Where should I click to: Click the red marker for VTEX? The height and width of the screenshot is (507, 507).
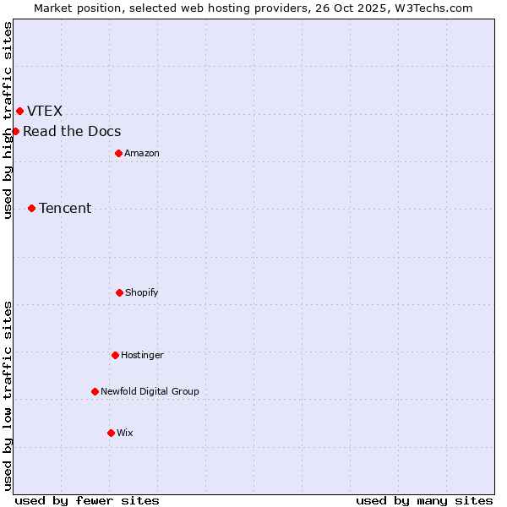(x=19, y=111)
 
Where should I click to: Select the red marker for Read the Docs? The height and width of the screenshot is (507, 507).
(x=15, y=131)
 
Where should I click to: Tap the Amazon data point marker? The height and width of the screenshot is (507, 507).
(x=118, y=153)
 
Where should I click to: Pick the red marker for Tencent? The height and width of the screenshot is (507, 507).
(x=31, y=208)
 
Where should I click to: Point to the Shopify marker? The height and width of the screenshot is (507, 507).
(x=119, y=292)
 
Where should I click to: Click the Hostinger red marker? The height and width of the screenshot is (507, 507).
(x=115, y=355)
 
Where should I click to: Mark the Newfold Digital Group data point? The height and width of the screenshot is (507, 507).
(x=95, y=391)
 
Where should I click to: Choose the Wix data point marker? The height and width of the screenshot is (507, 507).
(x=111, y=433)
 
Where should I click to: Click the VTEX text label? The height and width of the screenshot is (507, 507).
(x=45, y=111)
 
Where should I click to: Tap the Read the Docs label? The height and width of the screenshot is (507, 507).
(x=72, y=131)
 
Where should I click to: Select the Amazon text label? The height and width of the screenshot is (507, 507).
(x=142, y=153)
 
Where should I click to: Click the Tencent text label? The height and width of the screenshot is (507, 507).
(x=65, y=208)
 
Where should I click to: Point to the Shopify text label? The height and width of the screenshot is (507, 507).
(x=142, y=292)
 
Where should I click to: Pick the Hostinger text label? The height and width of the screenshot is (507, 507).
(x=142, y=355)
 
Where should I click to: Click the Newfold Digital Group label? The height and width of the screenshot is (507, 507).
(x=150, y=391)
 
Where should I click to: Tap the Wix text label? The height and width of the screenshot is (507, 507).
(x=124, y=433)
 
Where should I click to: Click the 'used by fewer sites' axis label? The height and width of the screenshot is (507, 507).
(x=87, y=500)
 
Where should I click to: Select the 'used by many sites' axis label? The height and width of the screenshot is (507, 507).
(x=424, y=500)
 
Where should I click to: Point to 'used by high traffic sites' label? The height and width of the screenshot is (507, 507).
(x=8, y=120)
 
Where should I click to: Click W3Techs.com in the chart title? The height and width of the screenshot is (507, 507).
(x=432, y=8)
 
